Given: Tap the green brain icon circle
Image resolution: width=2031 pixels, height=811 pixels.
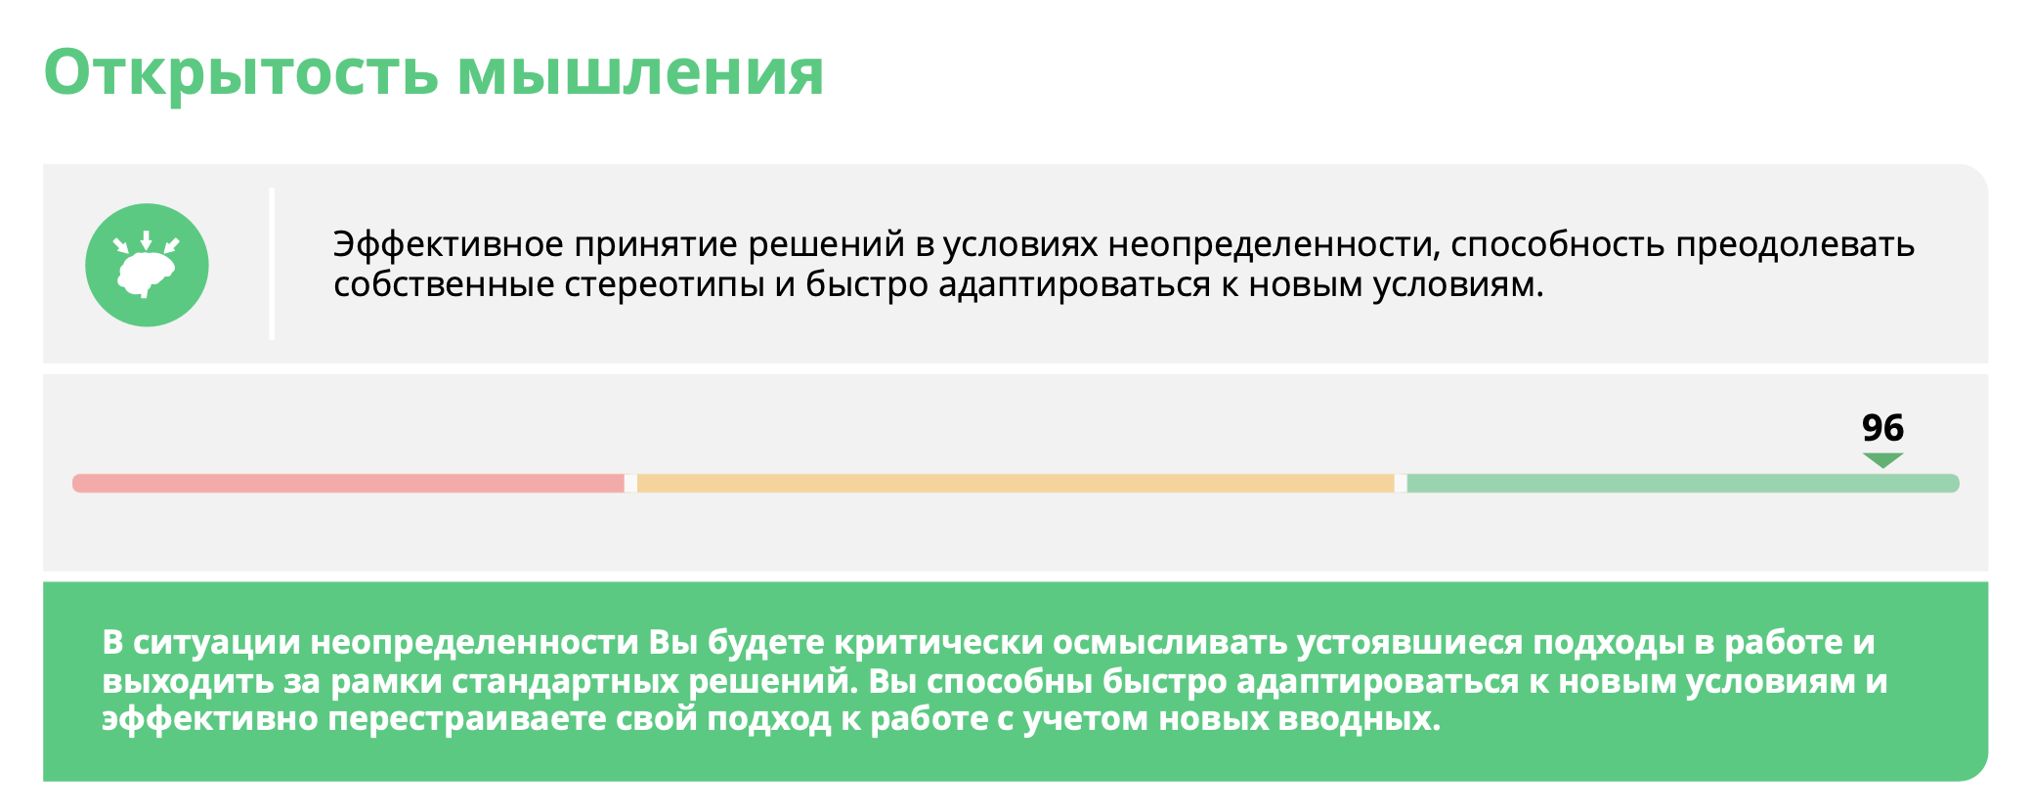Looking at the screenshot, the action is tap(147, 265).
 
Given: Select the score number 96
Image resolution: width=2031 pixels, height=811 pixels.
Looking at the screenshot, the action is tap(1882, 428).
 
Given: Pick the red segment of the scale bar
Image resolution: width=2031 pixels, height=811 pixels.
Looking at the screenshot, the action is tap(348, 483).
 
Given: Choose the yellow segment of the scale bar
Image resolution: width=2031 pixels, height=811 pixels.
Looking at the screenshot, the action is tap(1015, 483).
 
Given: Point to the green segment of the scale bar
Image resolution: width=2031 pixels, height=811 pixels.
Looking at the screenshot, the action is tap(1683, 483).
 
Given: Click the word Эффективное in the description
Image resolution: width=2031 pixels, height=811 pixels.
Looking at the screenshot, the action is tap(449, 244).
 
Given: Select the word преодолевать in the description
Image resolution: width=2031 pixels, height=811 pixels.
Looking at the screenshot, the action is tap(1794, 244).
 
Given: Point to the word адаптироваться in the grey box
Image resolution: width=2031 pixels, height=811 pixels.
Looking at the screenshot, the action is tap(1074, 285).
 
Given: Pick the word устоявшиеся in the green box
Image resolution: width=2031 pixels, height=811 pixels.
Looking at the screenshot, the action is tap(1409, 643).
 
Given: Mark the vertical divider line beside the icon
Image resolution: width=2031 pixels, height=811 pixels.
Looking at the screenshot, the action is tap(272, 264).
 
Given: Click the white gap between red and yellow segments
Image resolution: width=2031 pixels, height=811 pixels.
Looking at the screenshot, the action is tap(630, 483).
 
